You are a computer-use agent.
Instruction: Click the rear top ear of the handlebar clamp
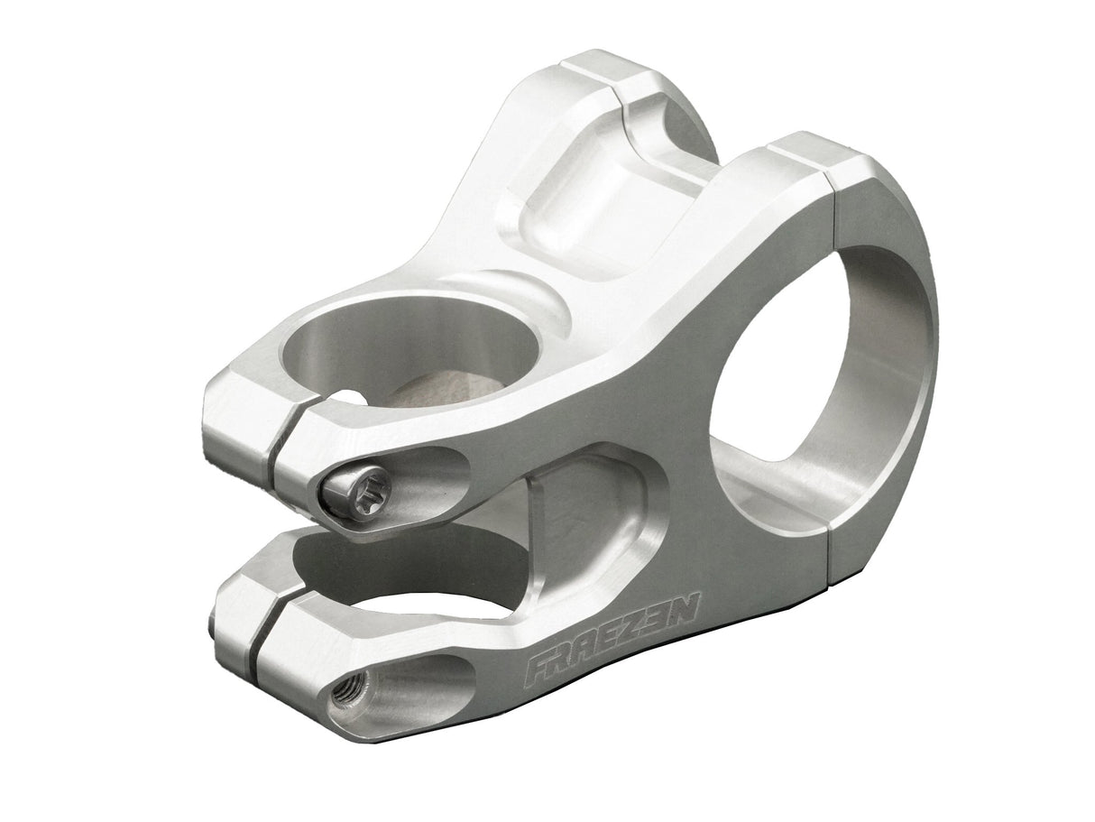tap(613, 72)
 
